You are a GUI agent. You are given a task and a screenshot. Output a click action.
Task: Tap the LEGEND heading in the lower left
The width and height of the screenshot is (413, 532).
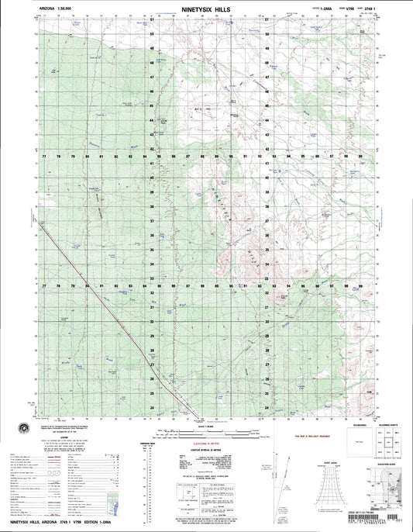(70, 436)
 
